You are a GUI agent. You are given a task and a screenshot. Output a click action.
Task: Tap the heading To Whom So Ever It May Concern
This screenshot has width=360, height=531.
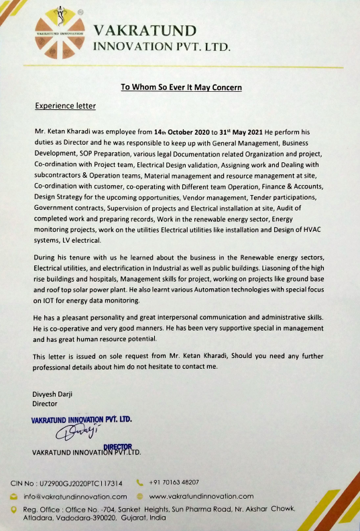(x=180, y=87)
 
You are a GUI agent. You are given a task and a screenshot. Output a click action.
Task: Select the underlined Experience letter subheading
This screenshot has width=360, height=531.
(x=65, y=106)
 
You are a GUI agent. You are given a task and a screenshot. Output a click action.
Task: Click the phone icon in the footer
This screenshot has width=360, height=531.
(x=139, y=482)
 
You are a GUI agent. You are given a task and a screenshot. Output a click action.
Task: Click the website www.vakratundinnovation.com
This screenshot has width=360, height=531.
(x=201, y=496)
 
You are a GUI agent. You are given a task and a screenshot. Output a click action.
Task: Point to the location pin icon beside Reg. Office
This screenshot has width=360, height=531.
(x=14, y=510)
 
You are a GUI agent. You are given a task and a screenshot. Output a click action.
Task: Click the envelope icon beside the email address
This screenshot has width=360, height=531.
(x=14, y=496)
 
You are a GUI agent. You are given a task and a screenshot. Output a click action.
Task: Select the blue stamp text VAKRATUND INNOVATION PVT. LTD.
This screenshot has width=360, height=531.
(x=82, y=420)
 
